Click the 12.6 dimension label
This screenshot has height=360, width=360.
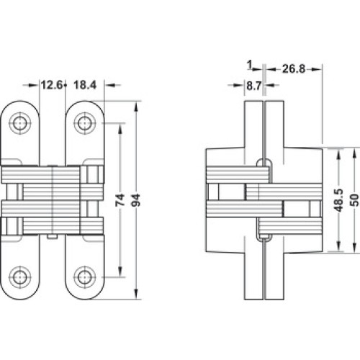click(x=51, y=85)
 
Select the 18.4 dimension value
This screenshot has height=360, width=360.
click(x=85, y=85)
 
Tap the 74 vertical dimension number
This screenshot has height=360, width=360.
click(x=120, y=199)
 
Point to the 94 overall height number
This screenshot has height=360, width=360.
click(x=137, y=200)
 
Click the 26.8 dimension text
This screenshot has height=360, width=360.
click(x=294, y=69)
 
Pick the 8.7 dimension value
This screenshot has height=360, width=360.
click(x=253, y=86)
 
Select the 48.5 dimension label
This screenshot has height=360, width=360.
click(x=338, y=200)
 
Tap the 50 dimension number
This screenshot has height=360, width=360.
click(x=355, y=200)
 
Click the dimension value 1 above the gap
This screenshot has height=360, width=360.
click(x=250, y=65)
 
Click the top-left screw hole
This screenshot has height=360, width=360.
click(x=20, y=123)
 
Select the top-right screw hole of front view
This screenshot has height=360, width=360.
click(x=85, y=123)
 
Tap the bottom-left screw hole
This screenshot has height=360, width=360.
click(x=20, y=277)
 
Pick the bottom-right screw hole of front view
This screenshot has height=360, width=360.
click(x=85, y=277)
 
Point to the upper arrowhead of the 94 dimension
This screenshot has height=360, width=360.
click(x=136, y=107)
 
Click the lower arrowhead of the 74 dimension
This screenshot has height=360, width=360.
click(x=120, y=272)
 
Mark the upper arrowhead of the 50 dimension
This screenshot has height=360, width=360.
click(x=355, y=153)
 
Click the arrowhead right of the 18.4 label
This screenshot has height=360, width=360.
click(x=110, y=85)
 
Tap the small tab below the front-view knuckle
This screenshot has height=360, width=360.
click(x=53, y=237)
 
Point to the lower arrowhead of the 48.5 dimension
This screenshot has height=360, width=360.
click(x=338, y=246)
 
